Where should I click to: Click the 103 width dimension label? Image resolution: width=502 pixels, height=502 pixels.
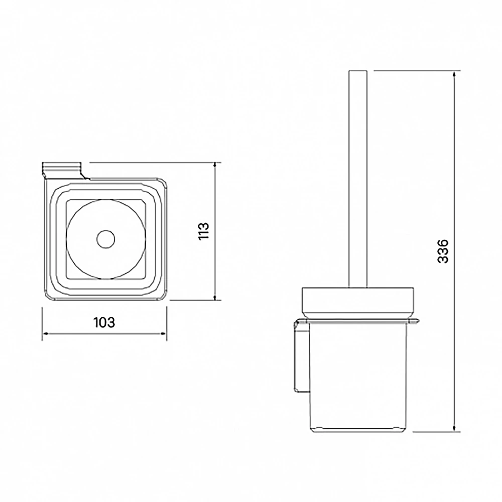(104, 322)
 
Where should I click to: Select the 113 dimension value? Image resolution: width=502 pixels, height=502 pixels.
(204, 231)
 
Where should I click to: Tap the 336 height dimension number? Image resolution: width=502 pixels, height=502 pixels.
(443, 251)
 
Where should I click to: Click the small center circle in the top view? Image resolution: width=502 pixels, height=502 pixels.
(105, 239)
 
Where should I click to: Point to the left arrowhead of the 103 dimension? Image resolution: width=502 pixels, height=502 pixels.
(45, 334)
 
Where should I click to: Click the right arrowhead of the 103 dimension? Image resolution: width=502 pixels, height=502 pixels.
(164, 334)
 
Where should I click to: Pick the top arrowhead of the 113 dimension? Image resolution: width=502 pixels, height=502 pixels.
(215, 166)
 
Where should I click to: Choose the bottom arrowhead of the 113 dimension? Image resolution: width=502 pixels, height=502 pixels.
(215, 297)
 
